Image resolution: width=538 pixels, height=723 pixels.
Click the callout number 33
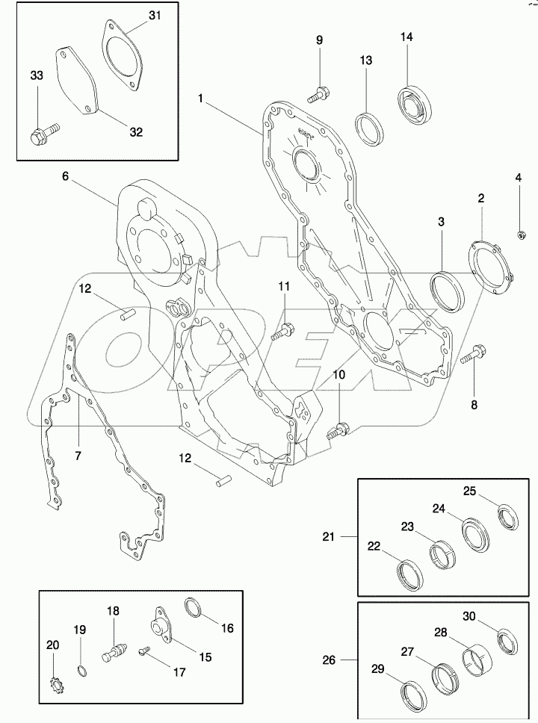[x=37, y=76]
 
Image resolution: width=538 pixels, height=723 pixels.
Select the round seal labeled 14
[x=412, y=104]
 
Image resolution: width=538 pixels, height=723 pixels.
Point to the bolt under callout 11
[x=283, y=329]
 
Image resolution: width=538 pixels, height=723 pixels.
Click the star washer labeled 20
[x=55, y=683]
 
